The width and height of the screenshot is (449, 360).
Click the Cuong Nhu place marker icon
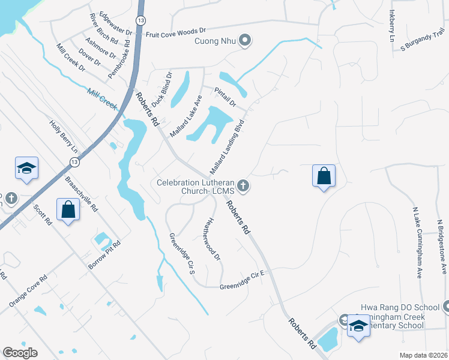tap(244, 41)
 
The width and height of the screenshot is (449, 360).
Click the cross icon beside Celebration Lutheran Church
tap(243, 186)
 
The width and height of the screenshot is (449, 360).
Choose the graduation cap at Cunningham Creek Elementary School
tap(358, 326)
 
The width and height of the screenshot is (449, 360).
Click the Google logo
tap(20, 353)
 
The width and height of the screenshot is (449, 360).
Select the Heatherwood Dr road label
tap(214, 239)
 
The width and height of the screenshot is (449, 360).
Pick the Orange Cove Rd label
tap(28, 292)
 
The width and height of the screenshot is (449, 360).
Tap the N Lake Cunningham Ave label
tap(416, 242)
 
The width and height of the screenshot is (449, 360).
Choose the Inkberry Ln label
tap(393, 25)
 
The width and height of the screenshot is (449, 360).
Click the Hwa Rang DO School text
tap(396, 307)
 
